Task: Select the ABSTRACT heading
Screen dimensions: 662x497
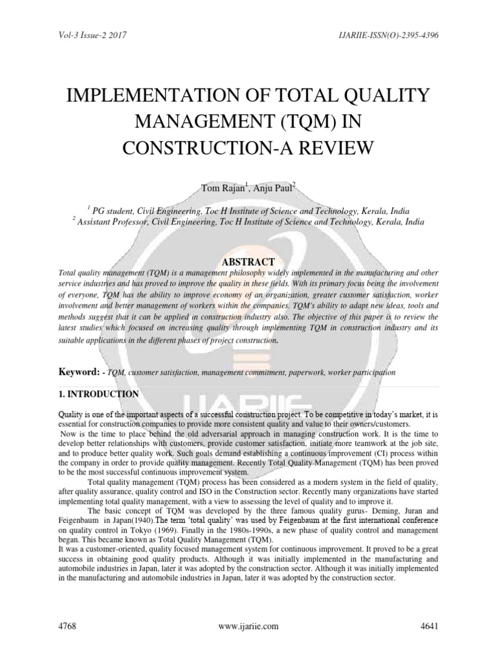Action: (x=248, y=262)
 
